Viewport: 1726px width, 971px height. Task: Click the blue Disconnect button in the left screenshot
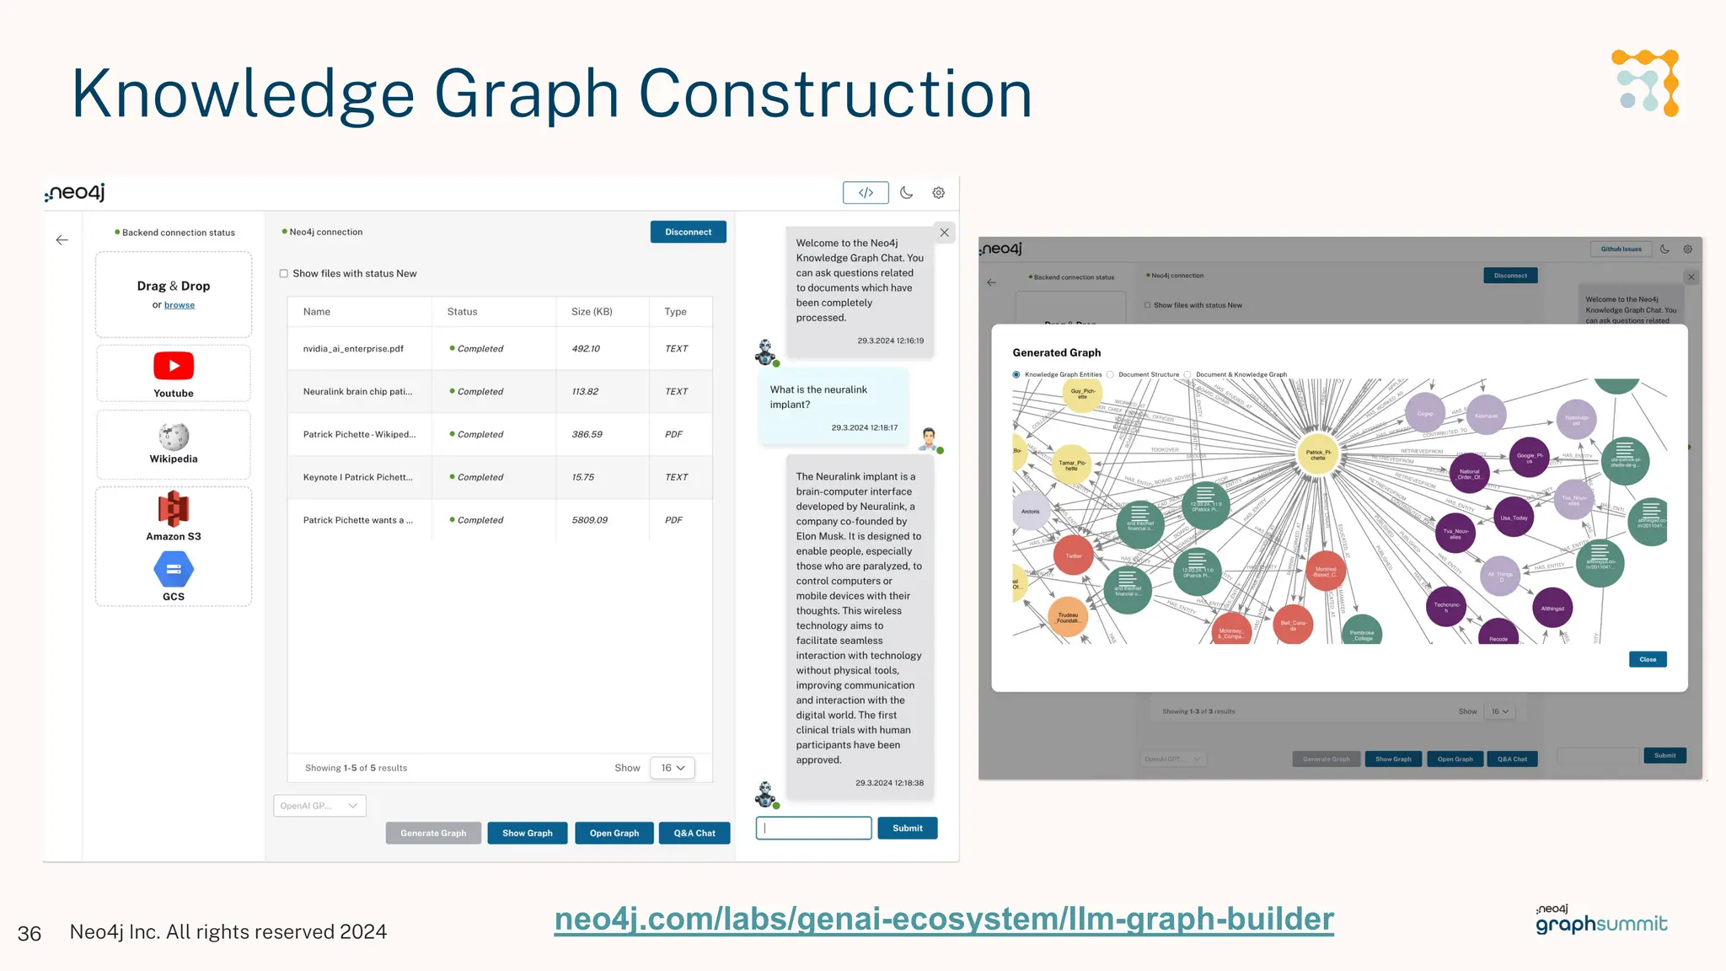pyautogui.click(x=688, y=232)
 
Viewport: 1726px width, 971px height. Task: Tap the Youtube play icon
pyautogui.click(x=174, y=366)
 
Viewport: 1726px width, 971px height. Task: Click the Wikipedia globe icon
pyautogui.click(x=174, y=437)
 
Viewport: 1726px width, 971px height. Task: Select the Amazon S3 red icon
pyautogui.click(x=174, y=509)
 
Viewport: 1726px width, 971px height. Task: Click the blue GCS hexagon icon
pyautogui.click(x=174, y=570)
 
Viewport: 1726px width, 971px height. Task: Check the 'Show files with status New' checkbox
pyautogui.click(x=284, y=274)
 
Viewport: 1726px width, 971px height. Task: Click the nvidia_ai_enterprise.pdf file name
pyautogui.click(x=353, y=349)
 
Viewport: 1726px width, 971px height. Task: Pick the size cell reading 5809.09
pyautogui.click(x=589, y=520)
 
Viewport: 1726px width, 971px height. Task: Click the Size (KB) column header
pyautogui.click(x=592, y=312)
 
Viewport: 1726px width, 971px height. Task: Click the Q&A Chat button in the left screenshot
pyautogui.click(x=694, y=833)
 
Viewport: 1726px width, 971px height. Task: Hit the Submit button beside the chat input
pyautogui.click(x=907, y=828)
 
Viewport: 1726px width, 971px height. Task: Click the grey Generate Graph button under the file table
pyautogui.click(x=433, y=833)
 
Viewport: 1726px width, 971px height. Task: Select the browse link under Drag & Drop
pyautogui.click(x=180, y=305)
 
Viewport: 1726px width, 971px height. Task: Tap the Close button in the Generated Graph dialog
pyautogui.click(x=1648, y=659)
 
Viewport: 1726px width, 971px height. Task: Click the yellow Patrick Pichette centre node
pyautogui.click(x=1317, y=454)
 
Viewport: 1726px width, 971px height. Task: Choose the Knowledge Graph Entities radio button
pyautogui.click(x=1016, y=374)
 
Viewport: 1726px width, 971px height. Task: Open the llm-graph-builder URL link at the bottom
pyautogui.click(x=944, y=919)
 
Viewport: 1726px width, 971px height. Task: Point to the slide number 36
pyautogui.click(x=29, y=933)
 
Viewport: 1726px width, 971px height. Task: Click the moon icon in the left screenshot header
pyautogui.click(x=906, y=192)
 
